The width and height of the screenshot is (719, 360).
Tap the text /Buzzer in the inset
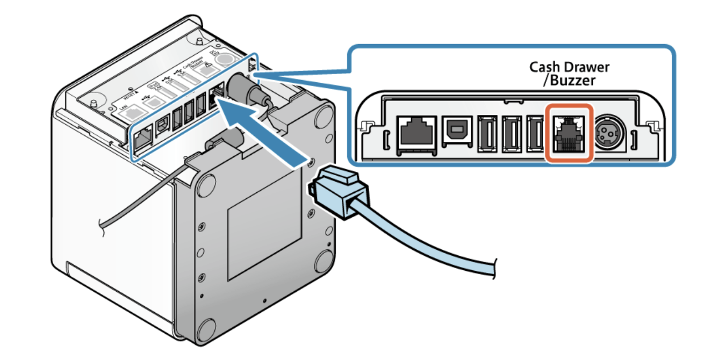(570, 81)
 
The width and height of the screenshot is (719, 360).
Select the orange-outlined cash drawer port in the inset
(569, 133)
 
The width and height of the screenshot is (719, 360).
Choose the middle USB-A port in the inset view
(511, 133)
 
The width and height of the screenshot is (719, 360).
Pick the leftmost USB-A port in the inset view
(486, 133)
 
